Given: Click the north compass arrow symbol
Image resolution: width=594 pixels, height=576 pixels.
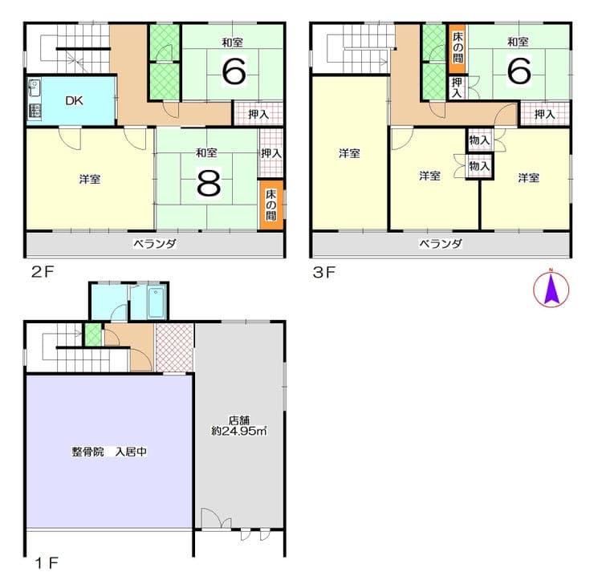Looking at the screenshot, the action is coord(551,290).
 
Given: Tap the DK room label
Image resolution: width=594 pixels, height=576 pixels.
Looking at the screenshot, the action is coord(74,101).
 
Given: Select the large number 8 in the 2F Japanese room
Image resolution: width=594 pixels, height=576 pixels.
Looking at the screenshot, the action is coord(209,183).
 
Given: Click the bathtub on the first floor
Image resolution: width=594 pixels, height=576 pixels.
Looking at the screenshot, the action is coord(156,302).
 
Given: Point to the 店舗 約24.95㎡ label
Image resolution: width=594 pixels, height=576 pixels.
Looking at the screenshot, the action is coord(239,426).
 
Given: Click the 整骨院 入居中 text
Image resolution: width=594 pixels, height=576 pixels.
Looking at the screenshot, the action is coord(109,452).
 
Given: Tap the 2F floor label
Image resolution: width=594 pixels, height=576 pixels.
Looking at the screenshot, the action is coord(43,271).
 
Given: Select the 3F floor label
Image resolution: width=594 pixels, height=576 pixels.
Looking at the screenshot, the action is coord(324,272).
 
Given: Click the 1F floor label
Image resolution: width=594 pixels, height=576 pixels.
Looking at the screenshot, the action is coord(47,563).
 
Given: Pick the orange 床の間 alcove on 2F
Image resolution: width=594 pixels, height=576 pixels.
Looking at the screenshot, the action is coord(271,205).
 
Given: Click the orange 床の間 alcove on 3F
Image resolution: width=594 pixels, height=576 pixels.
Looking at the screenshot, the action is coord(458,48).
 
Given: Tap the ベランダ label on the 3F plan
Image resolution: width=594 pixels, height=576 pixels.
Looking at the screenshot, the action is coord(441,243).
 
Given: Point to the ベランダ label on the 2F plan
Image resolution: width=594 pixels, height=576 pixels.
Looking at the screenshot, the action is coord(155,244).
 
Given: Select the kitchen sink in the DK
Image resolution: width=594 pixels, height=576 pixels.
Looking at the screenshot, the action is coord(34,88).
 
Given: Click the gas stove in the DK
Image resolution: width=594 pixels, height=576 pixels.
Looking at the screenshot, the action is coord(35,111).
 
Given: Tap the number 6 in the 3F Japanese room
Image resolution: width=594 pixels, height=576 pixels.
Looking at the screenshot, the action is coord(519,71).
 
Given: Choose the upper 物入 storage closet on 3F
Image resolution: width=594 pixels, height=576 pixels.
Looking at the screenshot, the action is coord(479,140).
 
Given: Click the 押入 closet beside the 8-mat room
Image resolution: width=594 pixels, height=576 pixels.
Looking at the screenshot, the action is coord(271,153).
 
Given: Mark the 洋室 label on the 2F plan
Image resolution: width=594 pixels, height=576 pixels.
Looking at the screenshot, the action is coord(90,179).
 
